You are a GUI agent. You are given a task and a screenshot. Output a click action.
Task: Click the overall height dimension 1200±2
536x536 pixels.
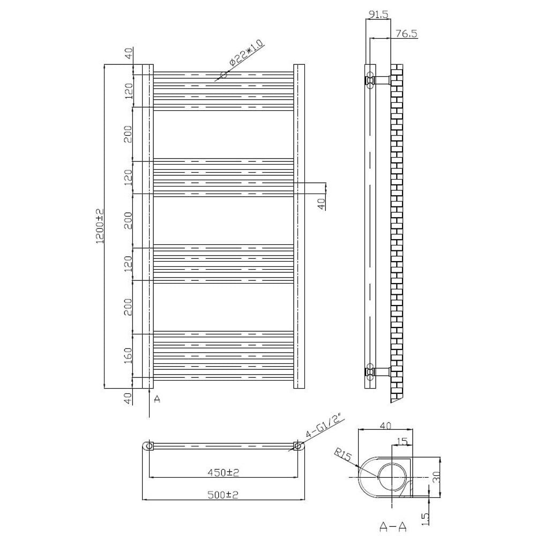[99, 226]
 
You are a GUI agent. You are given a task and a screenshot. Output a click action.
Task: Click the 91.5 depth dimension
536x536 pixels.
[378, 16]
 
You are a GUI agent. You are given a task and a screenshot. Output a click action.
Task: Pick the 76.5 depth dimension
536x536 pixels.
[406, 33]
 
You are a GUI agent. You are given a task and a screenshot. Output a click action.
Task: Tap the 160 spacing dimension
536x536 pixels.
[128, 355]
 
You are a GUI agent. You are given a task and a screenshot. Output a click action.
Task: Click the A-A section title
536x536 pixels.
[392, 527]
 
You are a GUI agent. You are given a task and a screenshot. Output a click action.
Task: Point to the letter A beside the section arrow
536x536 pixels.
[157, 399]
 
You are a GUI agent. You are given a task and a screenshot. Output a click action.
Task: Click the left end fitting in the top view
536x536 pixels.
[149, 446]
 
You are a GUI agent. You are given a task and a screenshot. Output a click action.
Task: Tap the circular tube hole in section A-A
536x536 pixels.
[392, 476]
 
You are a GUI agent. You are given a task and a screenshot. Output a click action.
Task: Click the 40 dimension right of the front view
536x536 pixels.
[321, 204]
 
